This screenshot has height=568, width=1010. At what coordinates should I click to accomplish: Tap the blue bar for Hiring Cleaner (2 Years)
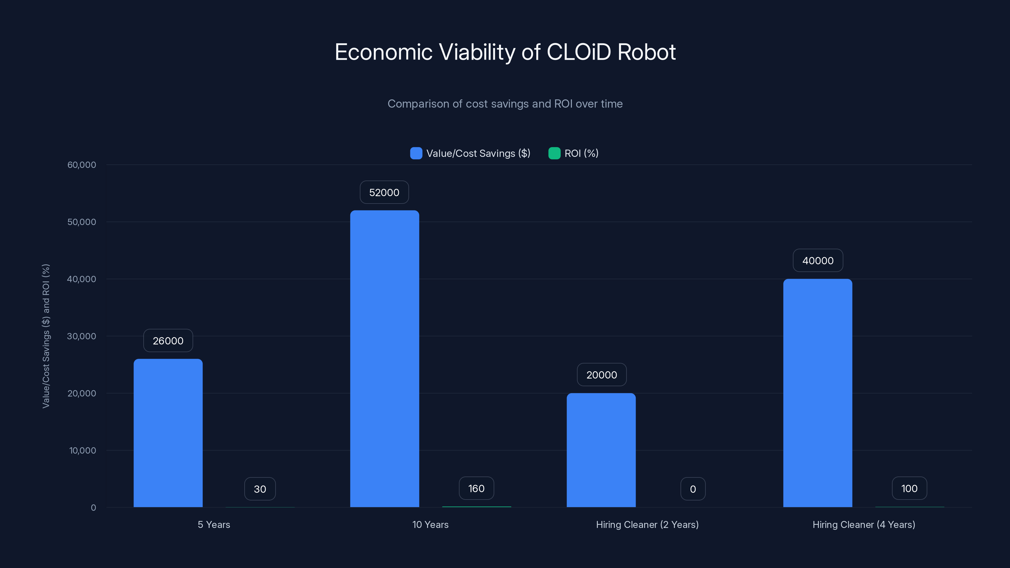click(601, 450)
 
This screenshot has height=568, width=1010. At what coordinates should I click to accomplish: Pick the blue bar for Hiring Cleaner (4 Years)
click(817, 393)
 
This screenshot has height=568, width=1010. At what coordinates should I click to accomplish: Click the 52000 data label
click(384, 192)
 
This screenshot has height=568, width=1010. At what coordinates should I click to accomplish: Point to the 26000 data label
click(168, 341)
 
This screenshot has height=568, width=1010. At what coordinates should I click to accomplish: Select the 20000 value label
click(602, 375)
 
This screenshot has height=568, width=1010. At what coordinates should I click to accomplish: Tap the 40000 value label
click(817, 261)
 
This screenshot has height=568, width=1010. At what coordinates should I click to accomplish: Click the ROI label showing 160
click(476, 488)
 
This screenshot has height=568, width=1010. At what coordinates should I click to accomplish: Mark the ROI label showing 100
click(909, 488)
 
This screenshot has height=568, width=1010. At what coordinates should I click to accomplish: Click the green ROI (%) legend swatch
click(554, 153)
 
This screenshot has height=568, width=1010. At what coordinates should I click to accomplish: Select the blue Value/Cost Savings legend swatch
click(416, 153)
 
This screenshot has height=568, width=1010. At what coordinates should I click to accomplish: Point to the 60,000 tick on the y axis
click(81, 165)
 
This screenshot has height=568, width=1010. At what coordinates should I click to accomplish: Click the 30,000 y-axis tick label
click(81, 336)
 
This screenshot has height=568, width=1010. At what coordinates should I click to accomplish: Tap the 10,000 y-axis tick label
click(82, 450)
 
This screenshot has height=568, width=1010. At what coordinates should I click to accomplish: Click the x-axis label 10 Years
click(430, 524)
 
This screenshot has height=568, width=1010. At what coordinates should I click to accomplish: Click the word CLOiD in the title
click(578, 52)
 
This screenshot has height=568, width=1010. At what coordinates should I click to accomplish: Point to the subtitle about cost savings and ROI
click(505, 104)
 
